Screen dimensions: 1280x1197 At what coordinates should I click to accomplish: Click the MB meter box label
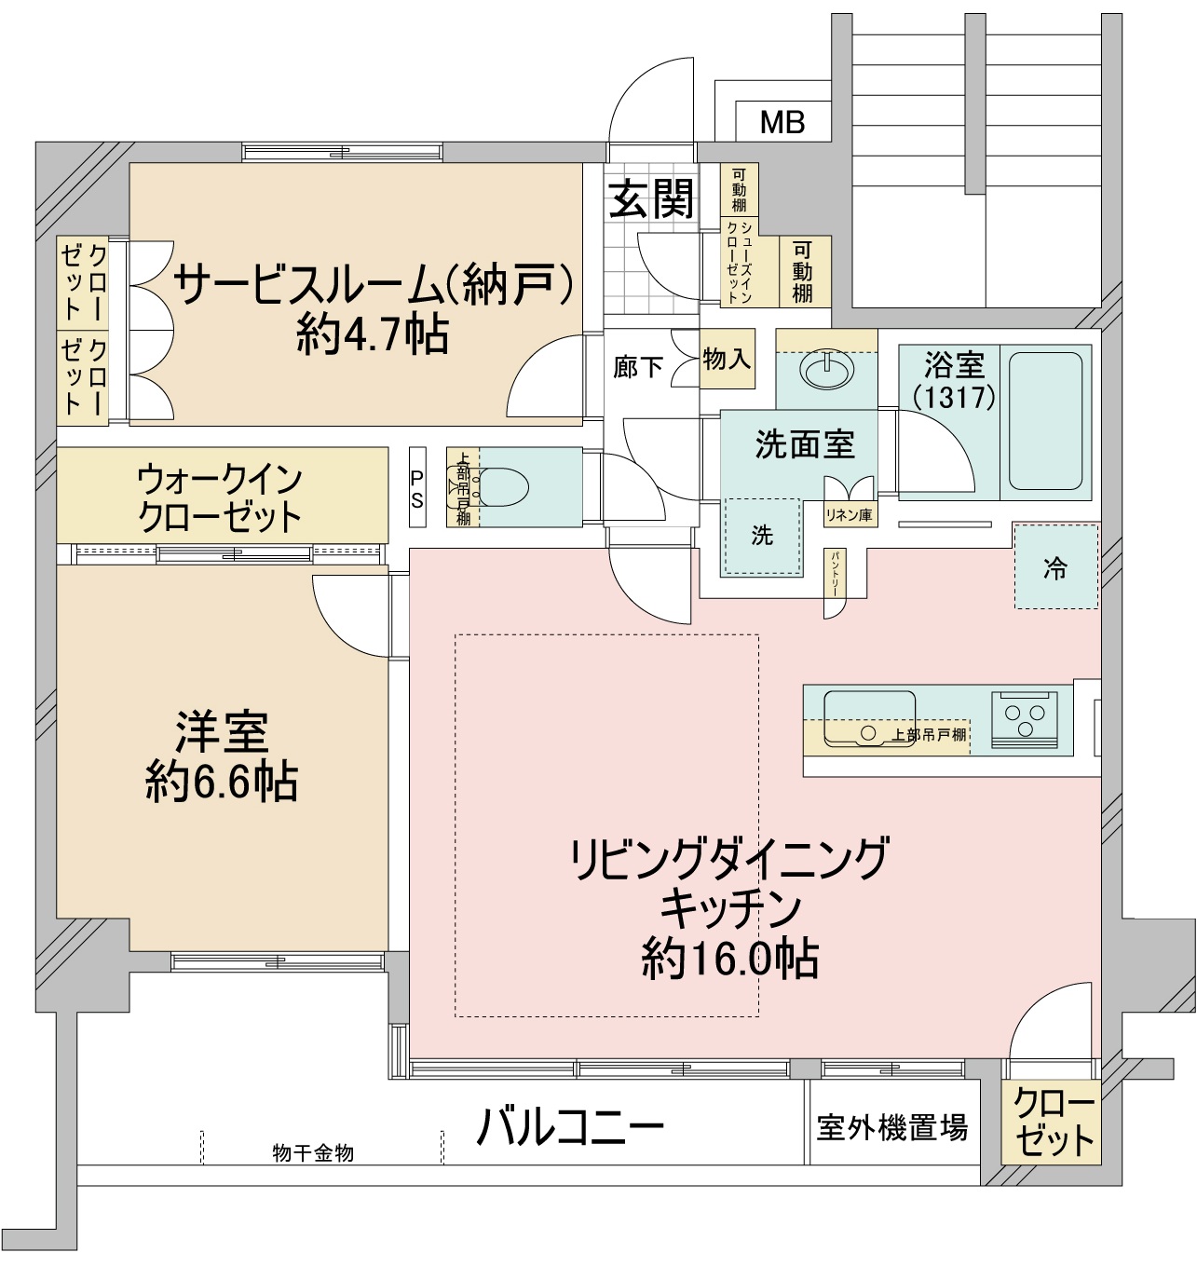782,122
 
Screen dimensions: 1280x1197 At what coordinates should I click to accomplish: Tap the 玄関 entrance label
652,198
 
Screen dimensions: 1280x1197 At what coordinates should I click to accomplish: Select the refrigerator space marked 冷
1055,567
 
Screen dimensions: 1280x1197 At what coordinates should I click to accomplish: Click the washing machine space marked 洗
762,536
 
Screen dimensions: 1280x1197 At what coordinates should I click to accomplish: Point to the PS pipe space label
416,489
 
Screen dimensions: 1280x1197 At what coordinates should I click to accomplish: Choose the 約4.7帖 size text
373,334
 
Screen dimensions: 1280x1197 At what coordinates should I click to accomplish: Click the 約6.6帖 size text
222,782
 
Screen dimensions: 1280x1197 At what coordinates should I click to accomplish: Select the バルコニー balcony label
570,1127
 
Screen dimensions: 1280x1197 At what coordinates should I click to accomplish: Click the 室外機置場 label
891,1127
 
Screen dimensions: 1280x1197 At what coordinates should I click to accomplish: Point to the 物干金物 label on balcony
313,1153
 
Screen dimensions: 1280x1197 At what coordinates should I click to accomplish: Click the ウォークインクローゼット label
221,497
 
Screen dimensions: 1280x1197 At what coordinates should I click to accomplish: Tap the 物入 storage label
727,359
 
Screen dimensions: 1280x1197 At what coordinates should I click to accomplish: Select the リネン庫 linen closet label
849,514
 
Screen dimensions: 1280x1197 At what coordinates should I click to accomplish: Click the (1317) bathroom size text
955,396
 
